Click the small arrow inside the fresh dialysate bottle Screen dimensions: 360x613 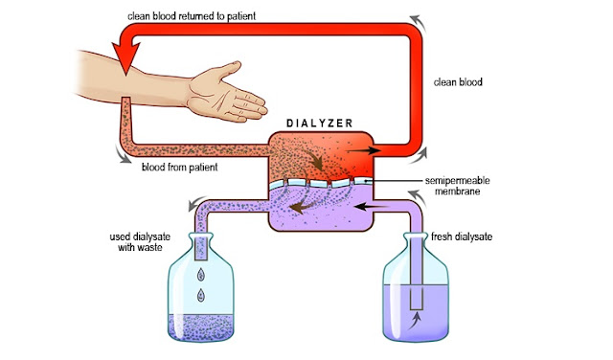(417, 322)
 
